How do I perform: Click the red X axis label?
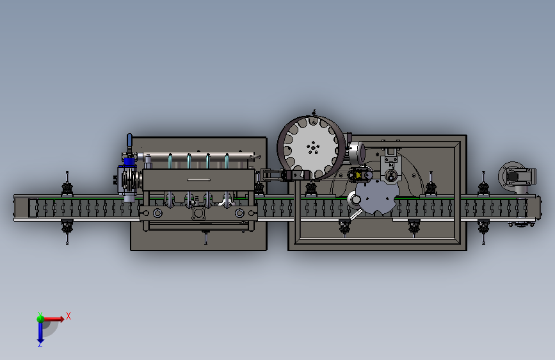click(x=68, y=316)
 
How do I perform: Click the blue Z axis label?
click(x=40, y=344)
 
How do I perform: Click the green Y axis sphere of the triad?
click(x=40, y=318)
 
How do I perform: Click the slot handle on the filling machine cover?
click(x=198, y=179)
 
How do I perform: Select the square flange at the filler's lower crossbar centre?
click(x=198, y=213)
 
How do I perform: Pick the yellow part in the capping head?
click(x=358, y=175)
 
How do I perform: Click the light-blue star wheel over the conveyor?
click(x=377, y=198)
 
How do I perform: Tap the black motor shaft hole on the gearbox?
click(x=513, y=176)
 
